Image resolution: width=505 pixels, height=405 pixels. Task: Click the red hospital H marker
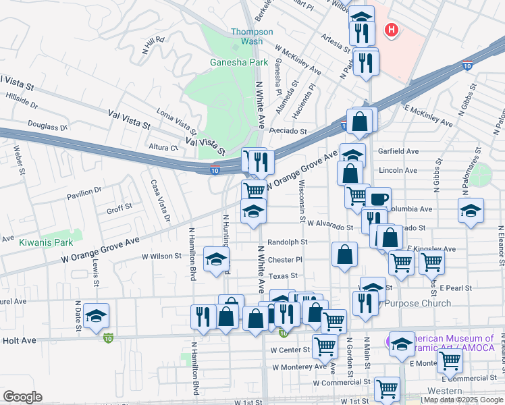[391, 30]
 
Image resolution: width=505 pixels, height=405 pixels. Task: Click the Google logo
[22, 396]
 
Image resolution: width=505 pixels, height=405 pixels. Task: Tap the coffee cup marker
[379, 198]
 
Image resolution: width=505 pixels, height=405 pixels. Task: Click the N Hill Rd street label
[154, 44]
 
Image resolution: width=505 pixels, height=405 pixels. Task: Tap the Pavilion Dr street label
[84, 193]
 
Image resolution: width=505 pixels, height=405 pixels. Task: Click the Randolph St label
[287, 242]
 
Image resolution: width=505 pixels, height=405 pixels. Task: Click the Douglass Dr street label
[48, 126]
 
